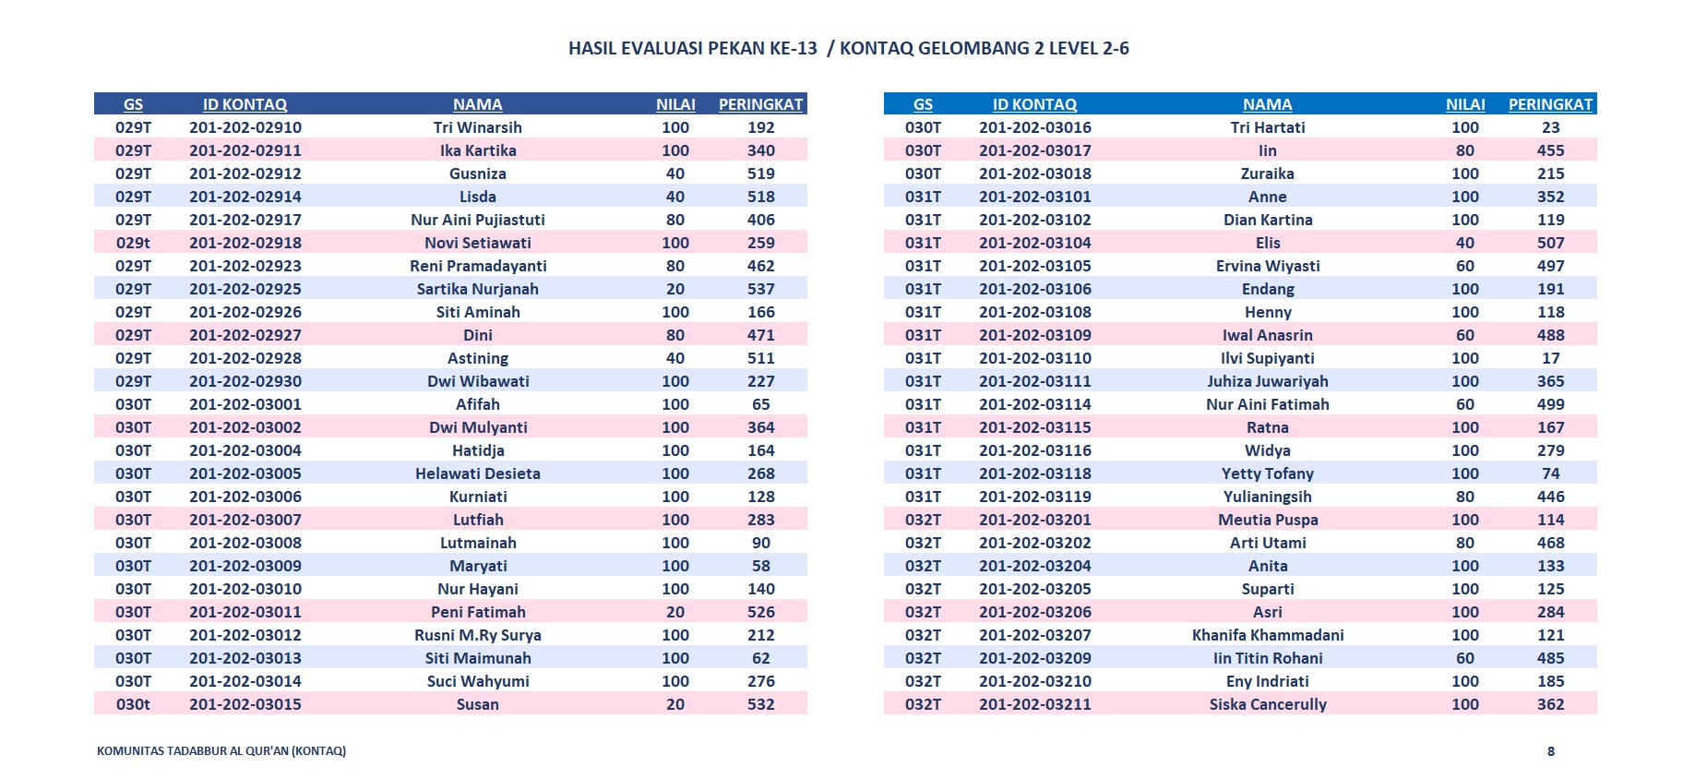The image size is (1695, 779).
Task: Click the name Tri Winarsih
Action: [x=477, y=127]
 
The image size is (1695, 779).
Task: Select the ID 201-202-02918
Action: [x=245, y=243]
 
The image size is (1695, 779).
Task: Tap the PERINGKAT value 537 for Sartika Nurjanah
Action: [x=760, y=289]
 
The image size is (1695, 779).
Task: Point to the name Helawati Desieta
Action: [x=477, y=473]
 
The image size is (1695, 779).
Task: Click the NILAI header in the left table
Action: [x=675, y=104]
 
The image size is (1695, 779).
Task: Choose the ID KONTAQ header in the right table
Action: [x=1034, y=104]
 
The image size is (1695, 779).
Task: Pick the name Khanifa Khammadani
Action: [x=1268, y=635]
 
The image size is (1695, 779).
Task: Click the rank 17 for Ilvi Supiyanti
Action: [x=1550, y=358]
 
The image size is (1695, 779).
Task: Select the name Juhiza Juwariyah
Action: [x=1268, y=381]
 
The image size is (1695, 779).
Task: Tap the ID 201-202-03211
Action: [x=1035, y=704]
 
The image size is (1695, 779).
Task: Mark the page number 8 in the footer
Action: [x=1550, y=751]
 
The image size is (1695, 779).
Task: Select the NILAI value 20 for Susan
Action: [x=675, y=704]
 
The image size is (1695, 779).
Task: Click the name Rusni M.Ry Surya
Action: [x=477, y=635]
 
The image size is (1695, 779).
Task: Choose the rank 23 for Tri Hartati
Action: [x=1550, y=127]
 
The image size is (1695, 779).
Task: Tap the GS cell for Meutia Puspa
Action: [x=923, y=520]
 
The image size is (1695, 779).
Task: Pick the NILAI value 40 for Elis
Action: [x=1465, y=243]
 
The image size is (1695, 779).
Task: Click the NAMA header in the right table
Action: [x=1267, y=104]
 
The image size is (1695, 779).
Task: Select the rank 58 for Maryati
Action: [x=760, y=566]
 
